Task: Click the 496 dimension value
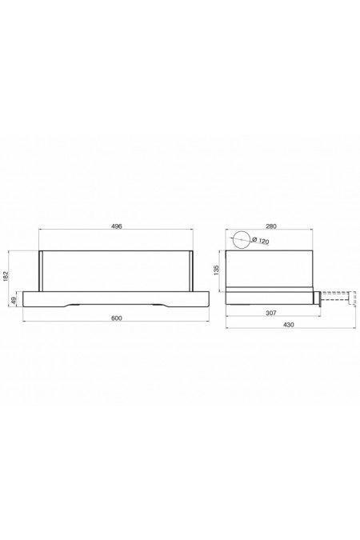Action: point(117,226)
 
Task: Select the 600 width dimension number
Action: point(117,318)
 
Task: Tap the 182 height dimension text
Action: point(5,276)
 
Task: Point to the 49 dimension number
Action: point(14,300)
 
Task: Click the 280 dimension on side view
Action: point(271,226)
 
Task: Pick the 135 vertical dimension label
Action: point(216,270)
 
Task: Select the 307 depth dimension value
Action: point(271,313)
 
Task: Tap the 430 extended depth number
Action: point(289,325)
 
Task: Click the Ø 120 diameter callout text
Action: point(261,240)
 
